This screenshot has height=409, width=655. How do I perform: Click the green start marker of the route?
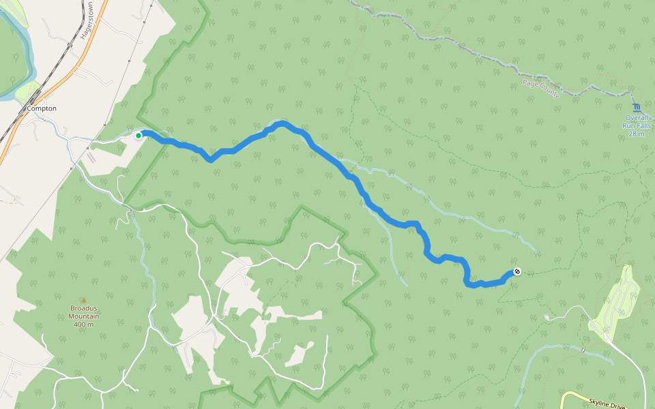click(139, 136)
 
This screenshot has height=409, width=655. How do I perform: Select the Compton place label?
click(42, 108)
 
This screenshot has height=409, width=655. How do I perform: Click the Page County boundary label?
click(541, 89)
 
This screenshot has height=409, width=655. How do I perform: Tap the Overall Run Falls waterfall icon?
click(637, 108)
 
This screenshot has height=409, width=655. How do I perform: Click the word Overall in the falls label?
click(637, 117)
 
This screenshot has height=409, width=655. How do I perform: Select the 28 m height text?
click(637, 134)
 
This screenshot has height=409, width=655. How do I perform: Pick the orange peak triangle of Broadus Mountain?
click(83, 300)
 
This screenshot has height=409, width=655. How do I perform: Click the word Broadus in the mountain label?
click(85, 308)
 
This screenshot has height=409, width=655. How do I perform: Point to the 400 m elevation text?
click(85, 324)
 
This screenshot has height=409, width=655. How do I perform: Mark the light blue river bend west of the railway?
click(27, 61)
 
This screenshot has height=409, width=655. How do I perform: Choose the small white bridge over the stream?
click(583, 350)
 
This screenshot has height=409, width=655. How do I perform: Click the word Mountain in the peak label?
click(85, 316)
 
